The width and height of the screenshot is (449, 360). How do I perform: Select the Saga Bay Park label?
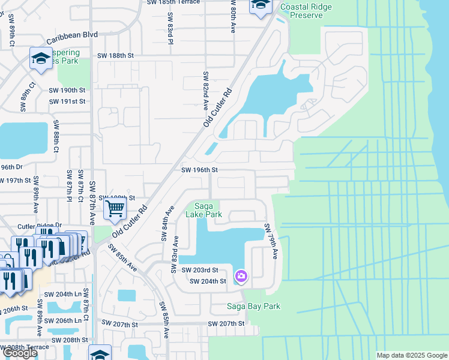[x=253, y=307]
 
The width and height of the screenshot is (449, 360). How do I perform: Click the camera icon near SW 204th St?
[x=241, y=276]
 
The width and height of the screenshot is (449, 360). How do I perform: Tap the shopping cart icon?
[x=114, y=209]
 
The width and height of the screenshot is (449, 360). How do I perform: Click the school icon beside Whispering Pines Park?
[x=41, y=58]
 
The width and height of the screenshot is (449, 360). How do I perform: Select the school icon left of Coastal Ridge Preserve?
[x=261, y=5]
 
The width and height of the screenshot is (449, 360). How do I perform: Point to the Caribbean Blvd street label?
[x=72, y=35]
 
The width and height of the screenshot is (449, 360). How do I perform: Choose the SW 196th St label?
[x=199, y=170]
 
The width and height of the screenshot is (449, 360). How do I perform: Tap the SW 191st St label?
[x=67, y=101]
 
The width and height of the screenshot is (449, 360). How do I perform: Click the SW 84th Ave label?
[x=167, y=223]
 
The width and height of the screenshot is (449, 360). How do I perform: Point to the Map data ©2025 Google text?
[x=411, y=355]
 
